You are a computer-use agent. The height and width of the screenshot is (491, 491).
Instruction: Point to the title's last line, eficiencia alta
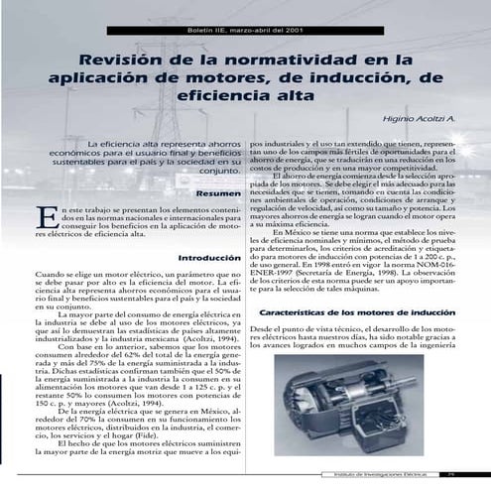[245, 100]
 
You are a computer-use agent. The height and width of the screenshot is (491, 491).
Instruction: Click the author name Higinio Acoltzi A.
[417, 120]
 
